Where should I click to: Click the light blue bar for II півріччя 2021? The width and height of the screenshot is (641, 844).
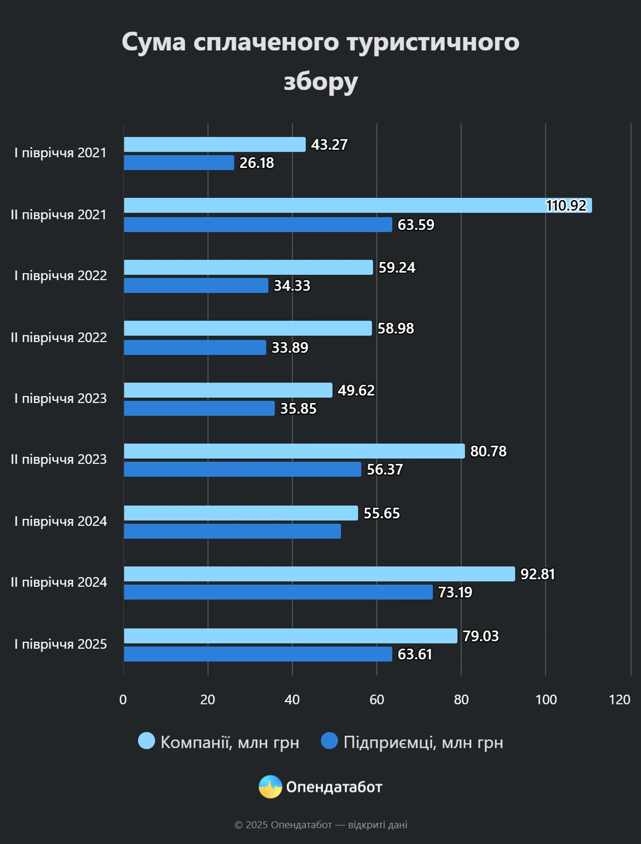click(333, 206)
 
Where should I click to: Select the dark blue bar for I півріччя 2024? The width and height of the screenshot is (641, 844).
click(232, 531)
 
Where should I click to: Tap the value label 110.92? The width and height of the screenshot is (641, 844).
click(566, 206)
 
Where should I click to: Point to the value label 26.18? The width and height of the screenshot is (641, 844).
click(256, 163)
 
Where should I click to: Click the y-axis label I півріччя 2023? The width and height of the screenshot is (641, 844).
click(60, 398)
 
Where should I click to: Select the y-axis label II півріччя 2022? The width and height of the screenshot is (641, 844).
click(59, 338)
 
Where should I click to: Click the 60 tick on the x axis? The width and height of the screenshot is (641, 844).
click(376, 700)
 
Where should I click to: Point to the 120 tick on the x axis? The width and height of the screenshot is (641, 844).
click(619, 700)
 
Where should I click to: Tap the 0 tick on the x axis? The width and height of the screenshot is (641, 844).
click(123, 700)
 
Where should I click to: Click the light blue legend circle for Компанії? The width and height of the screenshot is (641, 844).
click(147, 741)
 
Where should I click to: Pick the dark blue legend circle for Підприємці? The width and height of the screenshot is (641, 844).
click(329, 741)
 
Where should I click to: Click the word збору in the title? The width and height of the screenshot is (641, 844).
click(320, 81)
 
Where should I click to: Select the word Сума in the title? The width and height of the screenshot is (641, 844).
click(154, 42)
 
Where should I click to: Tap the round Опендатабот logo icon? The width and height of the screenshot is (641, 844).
click(271, 787)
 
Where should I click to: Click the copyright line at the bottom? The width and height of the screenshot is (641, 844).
click(320, 825)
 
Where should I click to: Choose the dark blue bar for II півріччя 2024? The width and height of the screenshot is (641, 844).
click(278, 592)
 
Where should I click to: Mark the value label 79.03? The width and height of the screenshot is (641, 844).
click(481, 636)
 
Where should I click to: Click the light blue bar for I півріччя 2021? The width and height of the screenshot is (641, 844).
click(215, 144)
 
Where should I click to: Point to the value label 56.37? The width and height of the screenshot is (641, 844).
click(385, 469)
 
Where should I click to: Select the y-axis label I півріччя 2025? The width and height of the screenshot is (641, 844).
click(60, 644)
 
